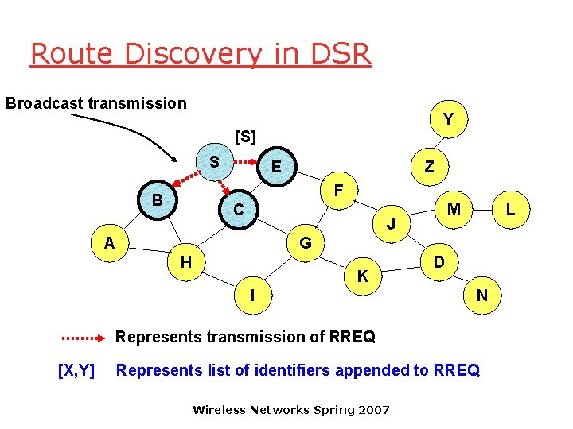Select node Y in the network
pos(449,119)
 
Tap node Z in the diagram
pos(429,167)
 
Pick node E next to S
pos(275,167)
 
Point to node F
pos(338,191)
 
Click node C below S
pos(238,210)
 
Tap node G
pos(305,242)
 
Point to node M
pos(454,210)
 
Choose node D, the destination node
pos(439,261)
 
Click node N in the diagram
pos(481,296)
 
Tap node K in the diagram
pos(362,276)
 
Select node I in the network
pos(252,296)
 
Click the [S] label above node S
pos(245,137)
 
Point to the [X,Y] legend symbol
pos(77,369)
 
